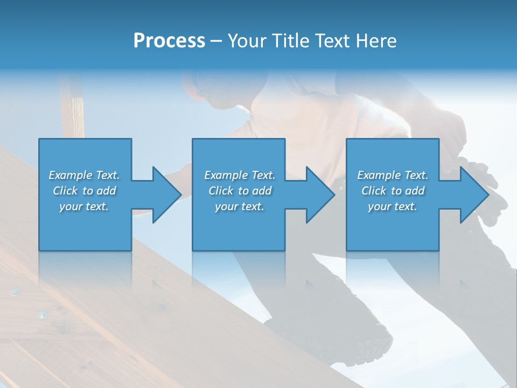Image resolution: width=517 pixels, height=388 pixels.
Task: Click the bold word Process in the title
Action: click(x=169, y=41)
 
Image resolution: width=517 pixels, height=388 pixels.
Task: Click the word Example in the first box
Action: click(x=71, y=175)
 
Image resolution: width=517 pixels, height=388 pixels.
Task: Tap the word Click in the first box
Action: click(x=65, y=191)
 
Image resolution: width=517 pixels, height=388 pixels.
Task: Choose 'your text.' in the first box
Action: click(x=84, y=206)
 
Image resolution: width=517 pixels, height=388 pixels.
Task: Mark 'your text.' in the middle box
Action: click(x=239, y=206)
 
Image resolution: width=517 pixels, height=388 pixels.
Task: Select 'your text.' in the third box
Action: click(x=393, y=206)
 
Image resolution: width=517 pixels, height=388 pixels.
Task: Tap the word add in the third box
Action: click(x=415, y=191)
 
